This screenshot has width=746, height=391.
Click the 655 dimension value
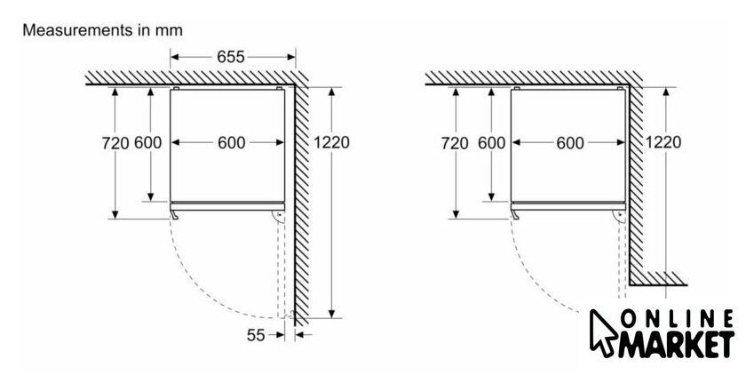point(231,57)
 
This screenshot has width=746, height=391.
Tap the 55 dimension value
point(256,335)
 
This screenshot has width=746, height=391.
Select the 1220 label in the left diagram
point(331,142)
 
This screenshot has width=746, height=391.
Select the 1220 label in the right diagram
point(663,142)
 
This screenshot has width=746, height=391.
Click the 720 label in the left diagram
point(115,143)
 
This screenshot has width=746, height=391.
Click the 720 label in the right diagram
point(455,143)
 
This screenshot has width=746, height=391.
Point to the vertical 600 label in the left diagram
point(147,142)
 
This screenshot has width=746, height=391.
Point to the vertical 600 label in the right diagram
point(491,142)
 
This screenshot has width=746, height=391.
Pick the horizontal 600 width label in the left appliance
point(232,142)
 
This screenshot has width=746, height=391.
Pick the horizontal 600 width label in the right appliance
point(570,142)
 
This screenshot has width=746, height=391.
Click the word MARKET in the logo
point(676,344)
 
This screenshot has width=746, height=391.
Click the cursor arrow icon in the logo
point(603,333)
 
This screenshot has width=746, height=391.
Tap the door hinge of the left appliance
point(278,218)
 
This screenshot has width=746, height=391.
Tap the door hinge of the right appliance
point(619,218)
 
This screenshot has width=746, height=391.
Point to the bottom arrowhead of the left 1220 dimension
point(331,314)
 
